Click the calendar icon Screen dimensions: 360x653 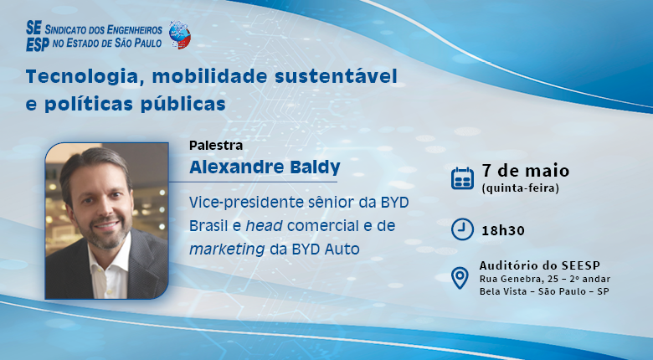(462, 178)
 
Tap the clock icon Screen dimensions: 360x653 (460, 229)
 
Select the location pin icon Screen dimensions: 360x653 (460, 277)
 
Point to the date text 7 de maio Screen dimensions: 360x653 (525, 170)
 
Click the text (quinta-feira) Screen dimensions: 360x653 (520, 188)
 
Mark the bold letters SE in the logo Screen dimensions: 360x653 (34, 28)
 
